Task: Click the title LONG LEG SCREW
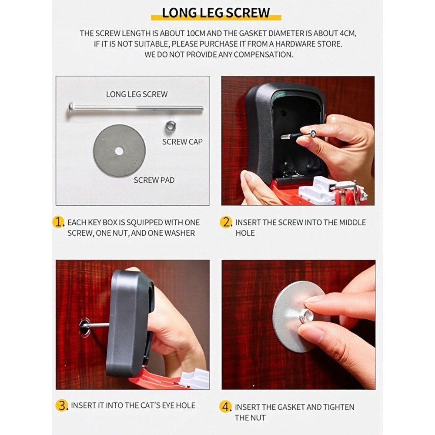point(216,12)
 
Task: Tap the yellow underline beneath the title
point(216,19)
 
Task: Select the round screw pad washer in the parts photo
point(119,151)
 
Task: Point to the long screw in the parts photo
point(135,108)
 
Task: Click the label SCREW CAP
point(182,142)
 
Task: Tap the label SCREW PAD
point(154,180)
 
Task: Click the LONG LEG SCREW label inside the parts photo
point(137,94)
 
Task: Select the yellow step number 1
point(59,222)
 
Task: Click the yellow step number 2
point(227,222)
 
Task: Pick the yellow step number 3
point(63,405)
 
